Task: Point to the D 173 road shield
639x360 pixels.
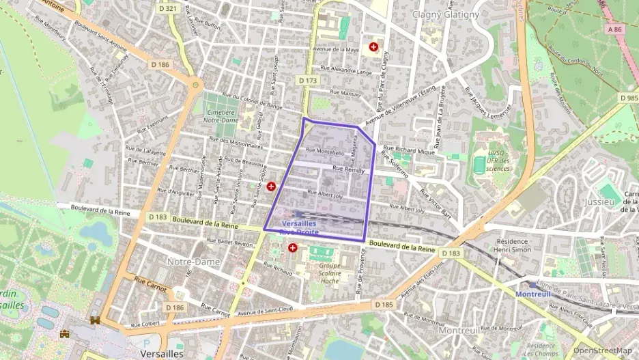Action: [x=308, y=81]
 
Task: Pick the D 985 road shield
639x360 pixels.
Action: [x=629, y=98]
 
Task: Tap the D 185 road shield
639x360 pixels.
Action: [x=384, y=303]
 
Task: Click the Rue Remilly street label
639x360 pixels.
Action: [x=348, y=171]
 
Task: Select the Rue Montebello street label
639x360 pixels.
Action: [x=325, y=152]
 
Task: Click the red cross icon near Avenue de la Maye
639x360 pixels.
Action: [x=373, y=46]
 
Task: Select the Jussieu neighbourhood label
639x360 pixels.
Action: [x=600, y=202]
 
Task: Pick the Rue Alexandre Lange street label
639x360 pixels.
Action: [x=351, y=71]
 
